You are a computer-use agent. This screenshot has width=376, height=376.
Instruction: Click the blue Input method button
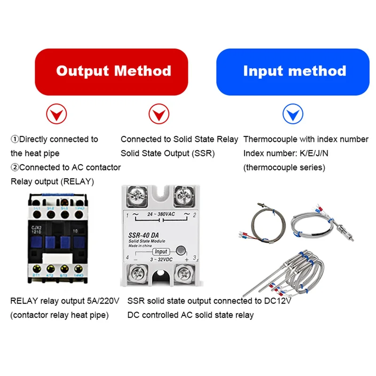[294, 71]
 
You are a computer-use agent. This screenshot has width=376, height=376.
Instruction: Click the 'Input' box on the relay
[160, 251]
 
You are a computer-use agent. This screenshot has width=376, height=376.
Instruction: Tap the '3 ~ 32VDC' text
[160, 259]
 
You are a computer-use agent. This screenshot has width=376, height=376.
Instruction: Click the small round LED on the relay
[181, 250]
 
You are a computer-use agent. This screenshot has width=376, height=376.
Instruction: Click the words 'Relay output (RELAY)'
[52, 181]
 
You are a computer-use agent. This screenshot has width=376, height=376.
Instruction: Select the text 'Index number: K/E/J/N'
[289, 153]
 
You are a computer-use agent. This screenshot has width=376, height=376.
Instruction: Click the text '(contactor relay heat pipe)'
[59, 315]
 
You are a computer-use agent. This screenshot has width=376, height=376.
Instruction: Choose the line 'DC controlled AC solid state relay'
[190, 315]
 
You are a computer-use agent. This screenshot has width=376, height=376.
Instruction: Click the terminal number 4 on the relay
[127, 257]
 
